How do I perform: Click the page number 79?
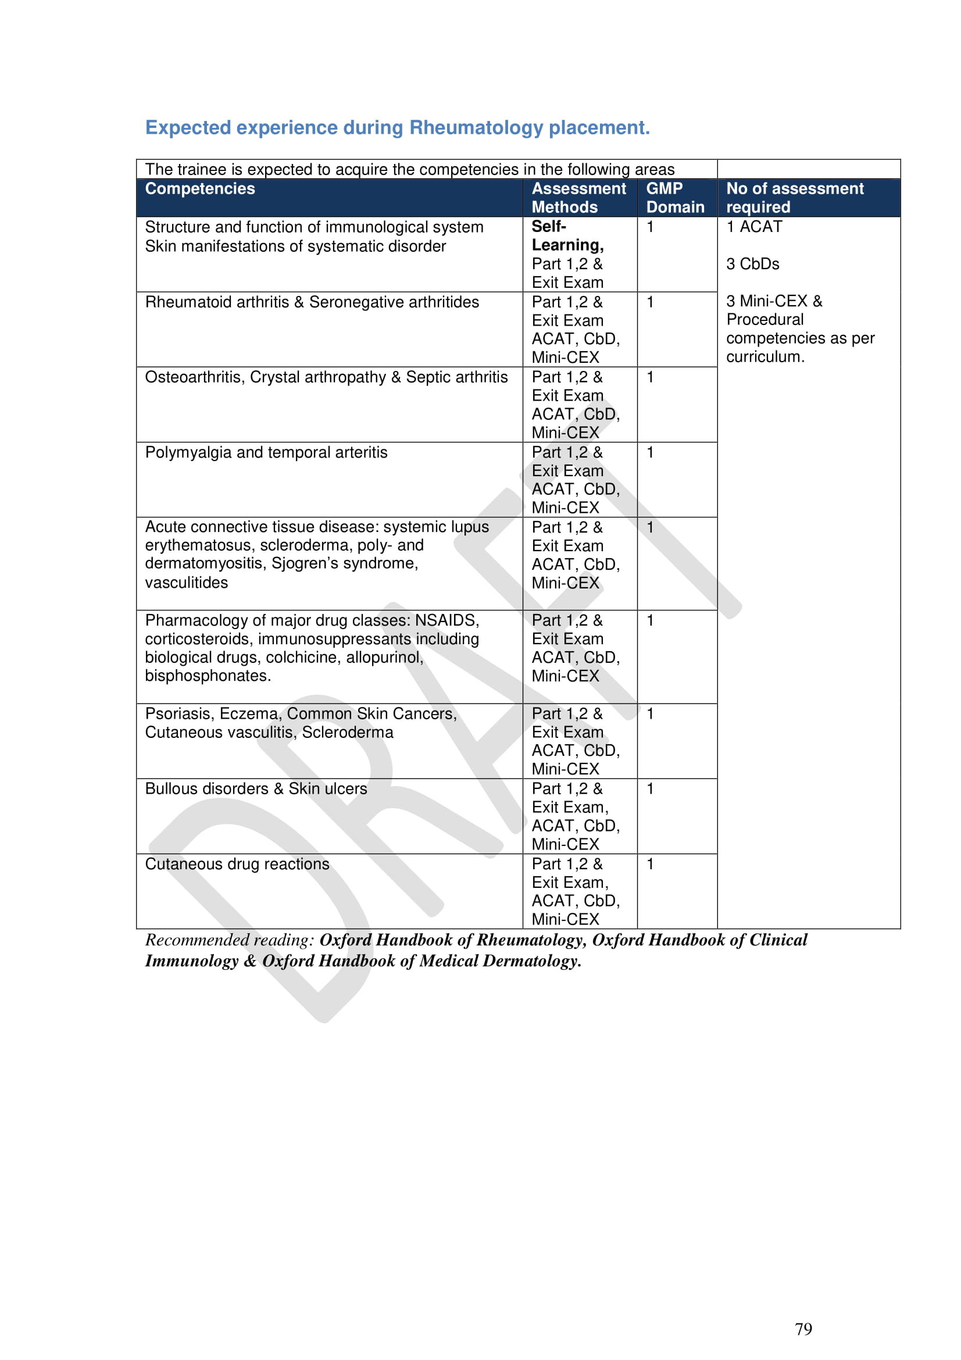(x=803, y=1329)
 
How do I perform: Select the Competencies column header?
(x=200, y=189)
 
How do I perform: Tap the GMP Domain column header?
(x=674, y=198)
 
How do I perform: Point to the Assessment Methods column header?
(x=578, y=198)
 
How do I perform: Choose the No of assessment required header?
(x=794, y=198)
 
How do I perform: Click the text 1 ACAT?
(x=754, y=227)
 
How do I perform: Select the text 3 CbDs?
(x=752, y=264)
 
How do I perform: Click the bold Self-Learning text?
(x=567, y=235)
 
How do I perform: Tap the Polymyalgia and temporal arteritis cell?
(x=266, y=452)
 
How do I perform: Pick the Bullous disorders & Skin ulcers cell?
(x=256, y=789)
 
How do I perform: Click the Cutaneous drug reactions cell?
(x=237, y=864)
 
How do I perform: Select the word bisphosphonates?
(x=208, y=676)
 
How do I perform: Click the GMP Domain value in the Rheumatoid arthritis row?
(x=650, y=302)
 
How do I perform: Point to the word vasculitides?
(x=187, y=583)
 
